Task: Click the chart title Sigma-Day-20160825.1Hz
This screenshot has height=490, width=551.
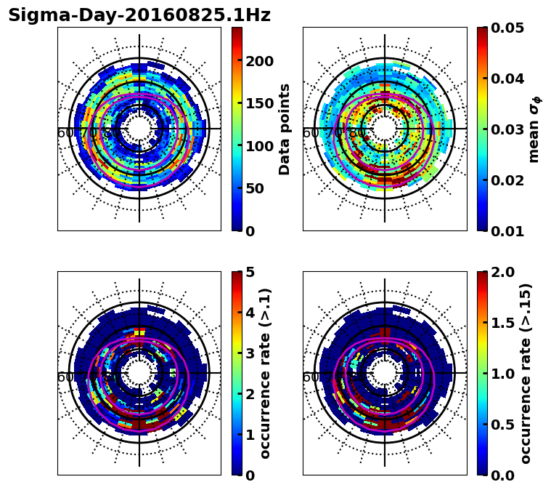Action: (x=139, y=16)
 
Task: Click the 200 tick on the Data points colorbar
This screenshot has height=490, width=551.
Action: (x=259, y=61)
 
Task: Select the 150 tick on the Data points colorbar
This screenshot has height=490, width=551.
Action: (x=259, y=103)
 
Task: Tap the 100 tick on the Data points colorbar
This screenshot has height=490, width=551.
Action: (x=259, y=146)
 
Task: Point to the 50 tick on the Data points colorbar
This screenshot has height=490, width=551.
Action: (x=255, y=188)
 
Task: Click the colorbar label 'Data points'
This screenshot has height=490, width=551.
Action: (x=285, y=129)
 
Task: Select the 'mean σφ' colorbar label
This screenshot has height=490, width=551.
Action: (x=534, y=129)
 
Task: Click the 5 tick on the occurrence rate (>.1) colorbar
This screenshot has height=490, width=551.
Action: (x=250, y=272)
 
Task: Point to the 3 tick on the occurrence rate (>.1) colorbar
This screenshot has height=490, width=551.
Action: (x=250, y=353)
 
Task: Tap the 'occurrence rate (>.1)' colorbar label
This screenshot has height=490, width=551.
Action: (x=266, y=374)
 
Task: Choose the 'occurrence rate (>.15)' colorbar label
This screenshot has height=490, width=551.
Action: (x=526, y=374)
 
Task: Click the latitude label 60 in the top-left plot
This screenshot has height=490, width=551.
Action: (x=65, y=133)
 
